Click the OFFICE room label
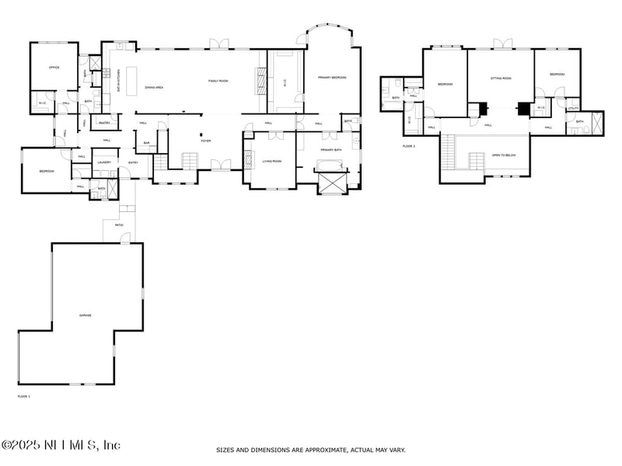(x=54, y=68)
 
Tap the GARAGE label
(x=86, y=315)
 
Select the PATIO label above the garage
(x=119, y=225)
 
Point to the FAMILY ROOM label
(x=218, y=81)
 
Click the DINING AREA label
(x=154, y=88)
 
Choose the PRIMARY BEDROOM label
(x=331, y=78)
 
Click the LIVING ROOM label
(x=271, y=161)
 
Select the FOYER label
(x=206, y=141)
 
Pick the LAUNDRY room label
(x=105, y=162)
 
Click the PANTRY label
(x=103, y=123)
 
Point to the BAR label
(x=145, y=143)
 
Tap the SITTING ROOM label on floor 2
(x=501, y=78)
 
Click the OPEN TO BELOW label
(x=504, y=155)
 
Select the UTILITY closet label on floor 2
(x=574, y=107)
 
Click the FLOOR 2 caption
(x=409, y=146)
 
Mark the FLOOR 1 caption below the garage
(x=24, y=396)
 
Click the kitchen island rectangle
(x=131, y=80)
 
